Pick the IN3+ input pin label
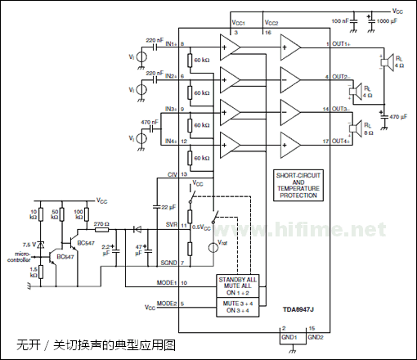[170, 109]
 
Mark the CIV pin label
[171, 174]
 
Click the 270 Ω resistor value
[101, 223]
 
